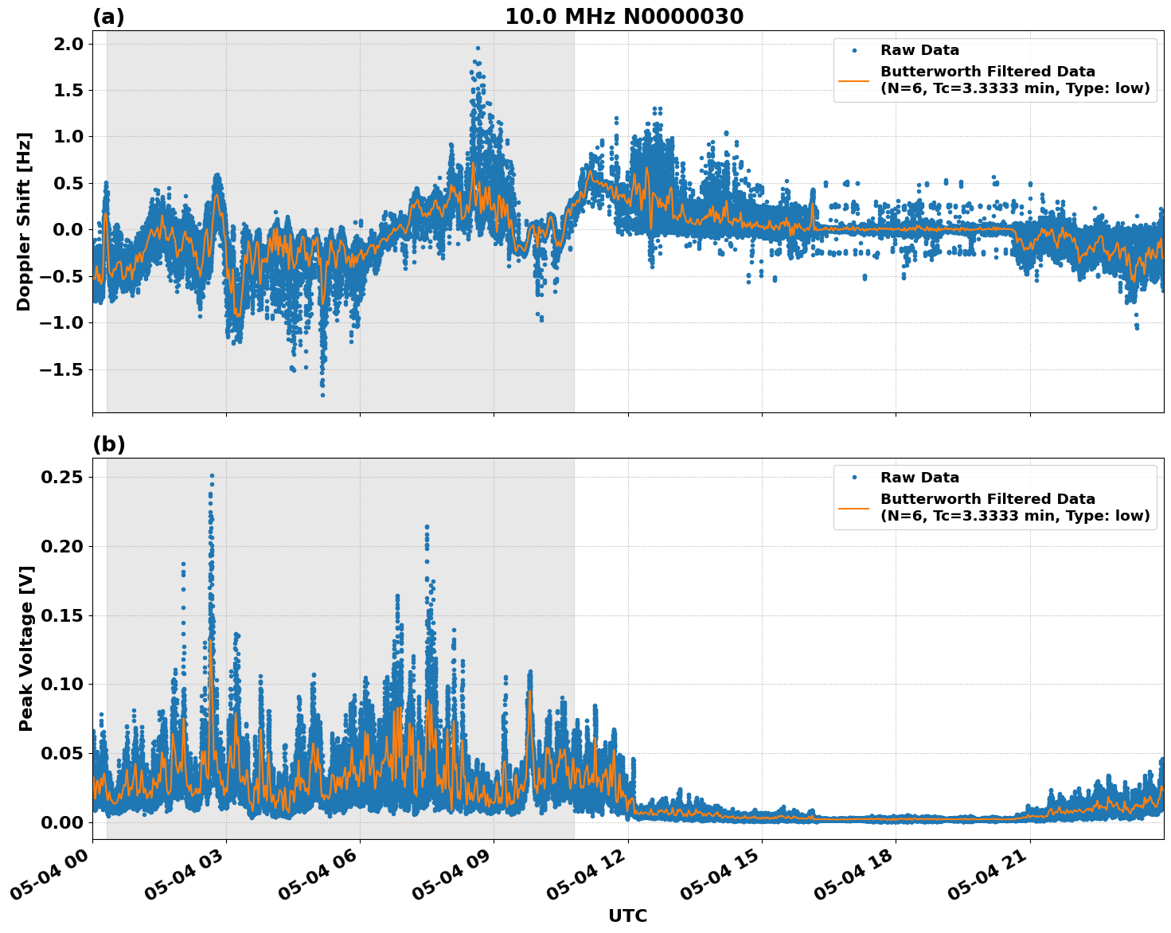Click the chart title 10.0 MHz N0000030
tap(623, 17)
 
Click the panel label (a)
tap(108, 17)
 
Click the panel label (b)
tap(108, 444)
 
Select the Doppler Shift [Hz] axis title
tap(24, 221)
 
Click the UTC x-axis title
tap(627, 915)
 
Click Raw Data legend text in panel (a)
tap(919, 50)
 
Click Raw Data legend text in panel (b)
tap(919, 478)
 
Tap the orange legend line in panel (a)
tap(853, 80)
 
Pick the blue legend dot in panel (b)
tap(853, 478)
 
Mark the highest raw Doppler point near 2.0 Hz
tap(478, 49)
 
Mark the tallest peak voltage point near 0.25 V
tap(212, 475)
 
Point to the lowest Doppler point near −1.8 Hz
tap(322, 395)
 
